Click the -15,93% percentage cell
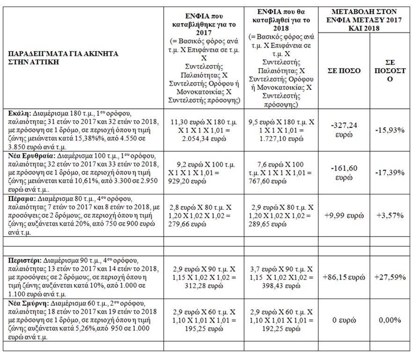pyautogui.click(x=390, y=130)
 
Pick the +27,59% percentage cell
pyautogui.click(x=390, y=277)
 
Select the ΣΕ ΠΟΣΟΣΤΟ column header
pyautogui.click(x=390, y=71)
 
